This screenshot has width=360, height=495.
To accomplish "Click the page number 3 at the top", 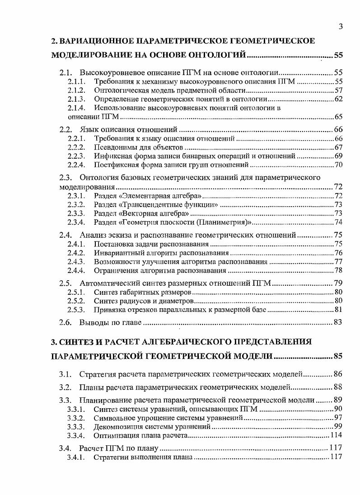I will [340, 27].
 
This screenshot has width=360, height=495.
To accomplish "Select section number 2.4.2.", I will [76, 253].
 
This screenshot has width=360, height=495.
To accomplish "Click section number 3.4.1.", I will [76, 457].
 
